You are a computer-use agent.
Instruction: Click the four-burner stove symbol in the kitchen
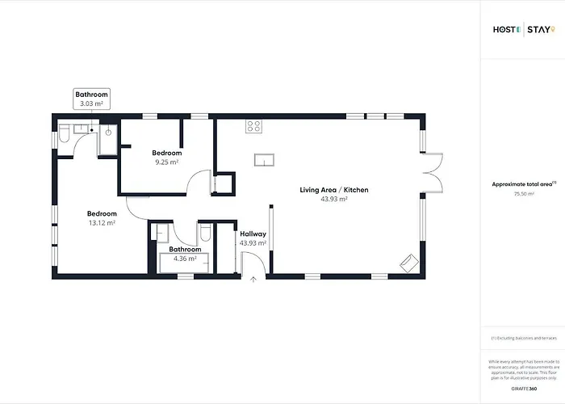coord(253,126)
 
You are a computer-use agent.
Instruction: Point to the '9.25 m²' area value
coord(167,162)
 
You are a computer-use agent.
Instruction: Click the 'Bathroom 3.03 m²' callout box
coord(91,99)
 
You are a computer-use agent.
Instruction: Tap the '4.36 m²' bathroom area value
coord(185,258)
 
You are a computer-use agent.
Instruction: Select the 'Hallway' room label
coord(253,234)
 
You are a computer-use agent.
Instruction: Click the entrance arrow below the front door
coord(253,280)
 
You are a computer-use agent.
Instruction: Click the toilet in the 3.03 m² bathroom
coord(64,131)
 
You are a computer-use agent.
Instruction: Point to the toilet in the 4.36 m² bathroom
coord(205,234)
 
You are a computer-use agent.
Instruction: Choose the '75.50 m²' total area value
coord(523,194)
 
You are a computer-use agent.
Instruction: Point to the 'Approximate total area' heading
coord(523,184)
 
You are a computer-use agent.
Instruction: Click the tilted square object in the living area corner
coord(409,261)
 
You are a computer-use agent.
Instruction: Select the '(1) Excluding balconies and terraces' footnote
coord(523,339)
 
